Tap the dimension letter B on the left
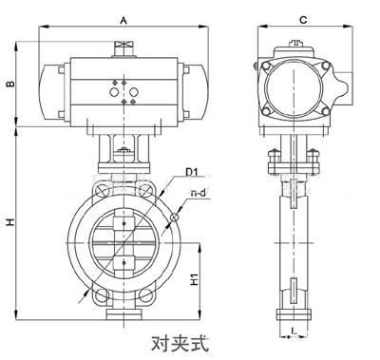[10, 85]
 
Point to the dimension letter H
[10, 222]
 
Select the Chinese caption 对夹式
[180, 338]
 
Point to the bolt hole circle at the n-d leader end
[174, 220]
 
